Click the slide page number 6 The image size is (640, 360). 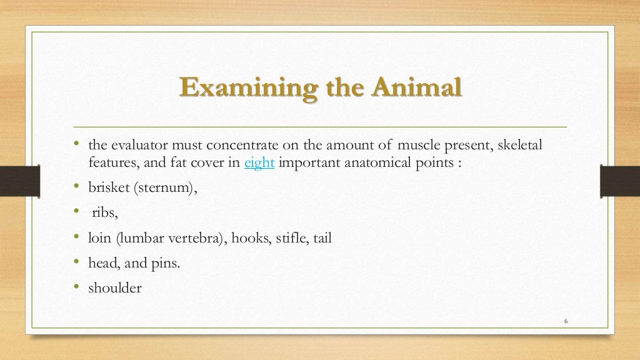point(566,321)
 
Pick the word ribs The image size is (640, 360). point(104,214)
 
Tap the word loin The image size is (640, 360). point(100,238)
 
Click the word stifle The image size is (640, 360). point(289,238)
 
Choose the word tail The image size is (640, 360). point(322,238)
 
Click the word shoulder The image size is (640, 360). point(115,288)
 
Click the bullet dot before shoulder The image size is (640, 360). point(76,287)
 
